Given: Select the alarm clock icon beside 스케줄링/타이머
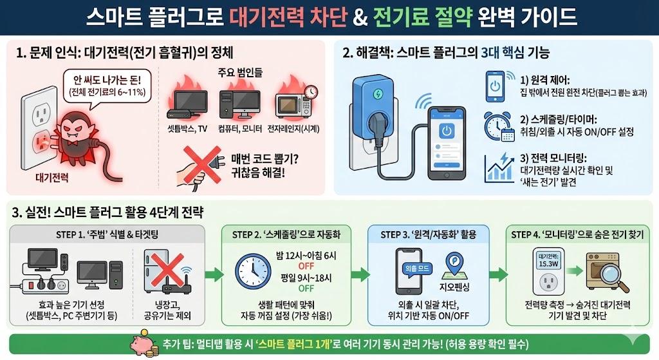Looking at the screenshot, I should pyautogui.click(x=496, y=124).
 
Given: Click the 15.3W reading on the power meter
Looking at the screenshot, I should pyautogui.click(x=548, y=263).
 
